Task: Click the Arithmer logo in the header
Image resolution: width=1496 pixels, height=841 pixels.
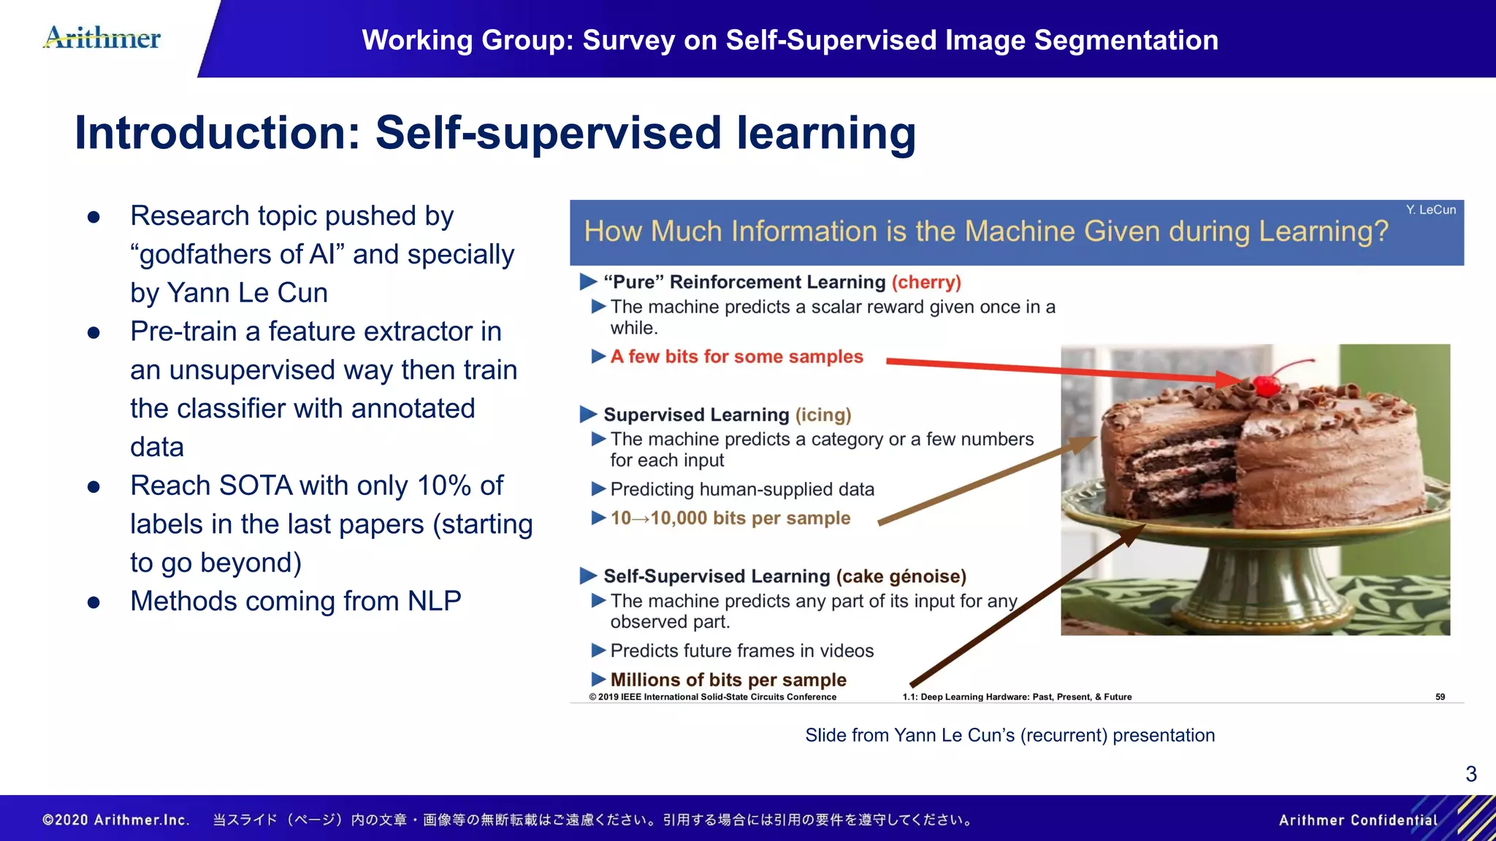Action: (x=102, y=38)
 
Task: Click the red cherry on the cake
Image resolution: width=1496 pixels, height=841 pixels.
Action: (x=1266, y=384)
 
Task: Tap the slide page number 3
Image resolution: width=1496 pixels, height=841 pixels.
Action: (x=1470, y=774)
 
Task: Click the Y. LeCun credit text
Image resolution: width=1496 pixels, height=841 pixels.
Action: (x=1430, y=210)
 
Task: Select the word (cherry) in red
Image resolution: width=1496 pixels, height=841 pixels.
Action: (x=926, y=283)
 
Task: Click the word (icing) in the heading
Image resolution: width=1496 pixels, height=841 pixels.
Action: (x=823, y=415)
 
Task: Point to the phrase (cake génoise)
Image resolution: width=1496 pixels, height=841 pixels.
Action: (x=901, y=577)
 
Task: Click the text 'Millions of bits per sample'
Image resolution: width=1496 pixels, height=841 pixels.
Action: (x=728, y=680)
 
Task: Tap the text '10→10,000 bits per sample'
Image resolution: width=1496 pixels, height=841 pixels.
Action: (x=730, y=518)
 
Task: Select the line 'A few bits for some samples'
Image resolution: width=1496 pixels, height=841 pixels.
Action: (x=736, y=357)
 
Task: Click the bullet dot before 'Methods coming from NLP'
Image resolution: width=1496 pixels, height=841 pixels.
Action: (x=93, y=603)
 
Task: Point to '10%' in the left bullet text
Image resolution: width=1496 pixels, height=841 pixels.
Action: (x=444, y=486)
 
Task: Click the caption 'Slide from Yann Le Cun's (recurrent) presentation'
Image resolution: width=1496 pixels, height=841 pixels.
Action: (x=1010, y=735)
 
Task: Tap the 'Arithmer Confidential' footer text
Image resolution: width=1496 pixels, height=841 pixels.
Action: (x=1357, y=820)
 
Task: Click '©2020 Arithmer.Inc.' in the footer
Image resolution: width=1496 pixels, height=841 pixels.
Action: (x=116, y=820)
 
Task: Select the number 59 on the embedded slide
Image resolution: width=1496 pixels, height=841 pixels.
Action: (x=1440, y=697)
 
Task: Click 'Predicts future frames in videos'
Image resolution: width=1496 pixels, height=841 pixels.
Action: (x=741, y=651)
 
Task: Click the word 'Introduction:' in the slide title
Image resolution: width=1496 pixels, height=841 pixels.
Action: (x=218, y=134)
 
